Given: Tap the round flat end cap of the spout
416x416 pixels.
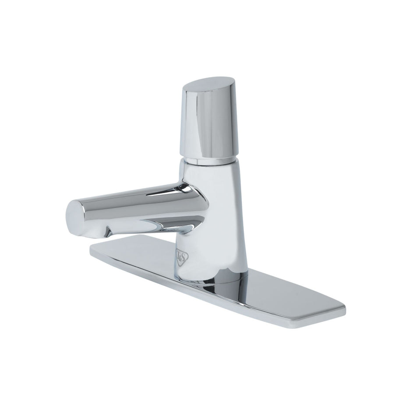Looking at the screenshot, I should tap(73, 216).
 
